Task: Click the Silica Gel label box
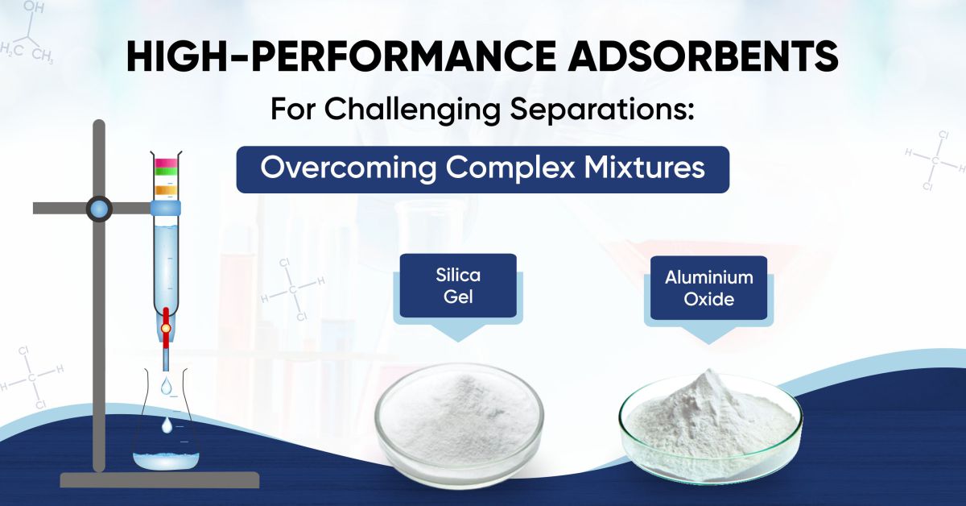[x=457, y=285]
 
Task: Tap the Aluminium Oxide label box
[x=708, y=288]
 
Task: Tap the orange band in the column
[x=165, y=190]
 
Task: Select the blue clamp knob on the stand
[x=98, y=208]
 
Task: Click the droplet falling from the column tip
[x=165, y=387]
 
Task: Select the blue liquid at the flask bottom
[x=166, y=460]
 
